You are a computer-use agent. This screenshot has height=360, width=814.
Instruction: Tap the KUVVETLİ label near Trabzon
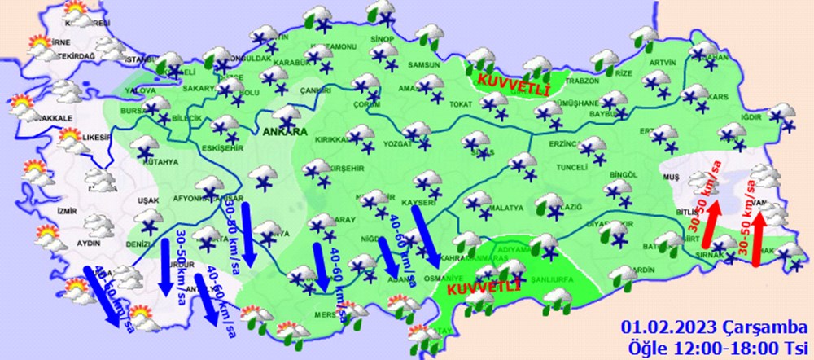pos(503,81)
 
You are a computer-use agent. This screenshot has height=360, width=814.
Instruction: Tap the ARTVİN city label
pos(663,63)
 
